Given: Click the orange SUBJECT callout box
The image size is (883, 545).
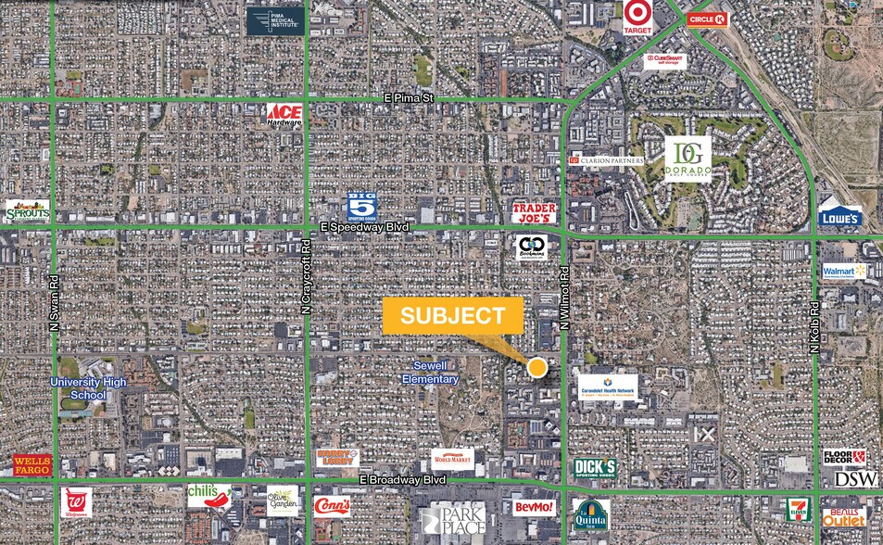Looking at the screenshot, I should point(452,315).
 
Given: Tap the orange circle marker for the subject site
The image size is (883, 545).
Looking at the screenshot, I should point(537,368).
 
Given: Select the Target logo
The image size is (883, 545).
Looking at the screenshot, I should point(637,17).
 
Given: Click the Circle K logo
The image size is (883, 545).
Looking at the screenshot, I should point(708,19).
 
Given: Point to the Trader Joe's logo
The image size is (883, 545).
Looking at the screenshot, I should point(535,213).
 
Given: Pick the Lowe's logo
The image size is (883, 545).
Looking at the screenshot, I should point(839,216).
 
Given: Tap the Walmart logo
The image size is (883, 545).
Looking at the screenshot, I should point(844,272).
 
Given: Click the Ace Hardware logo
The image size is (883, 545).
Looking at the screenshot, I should point(284,114).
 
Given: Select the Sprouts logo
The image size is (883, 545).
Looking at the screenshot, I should point(27,211).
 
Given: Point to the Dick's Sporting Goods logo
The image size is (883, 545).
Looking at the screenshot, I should point(595,468).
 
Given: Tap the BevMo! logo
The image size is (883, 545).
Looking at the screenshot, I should point(535,507).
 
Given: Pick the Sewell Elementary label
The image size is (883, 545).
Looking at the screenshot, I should point(431,373).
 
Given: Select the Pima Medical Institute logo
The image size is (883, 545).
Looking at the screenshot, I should point(275,21).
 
